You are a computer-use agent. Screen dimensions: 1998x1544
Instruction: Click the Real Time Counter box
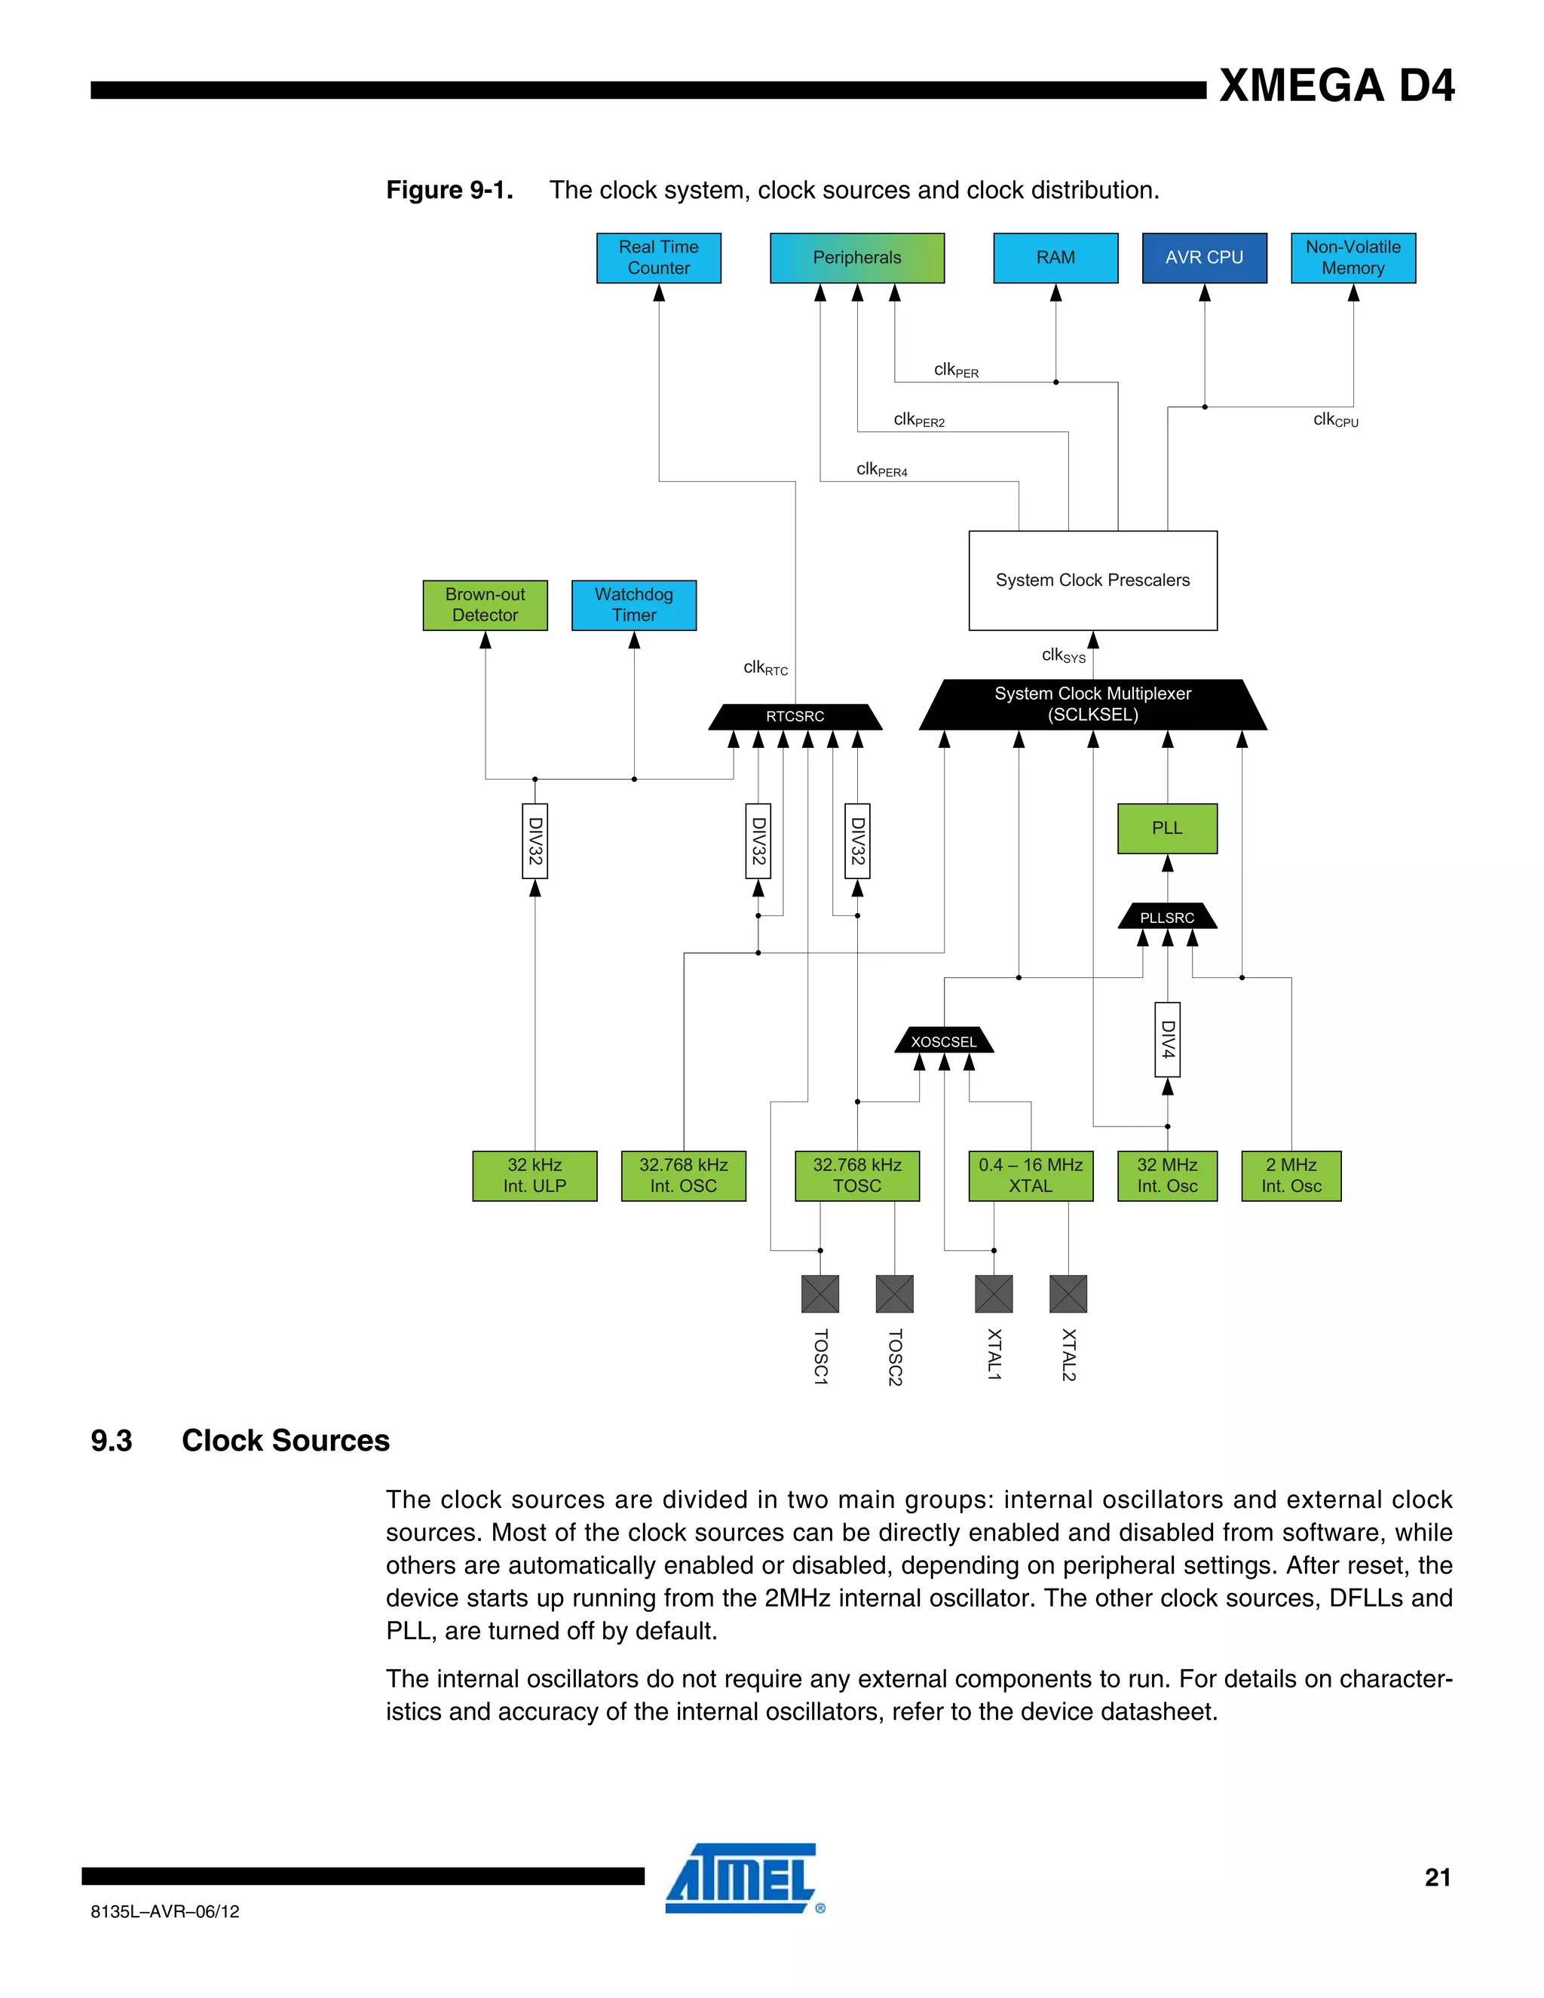coord(659,258)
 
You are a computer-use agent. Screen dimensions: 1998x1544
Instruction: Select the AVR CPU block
coord(1204,258)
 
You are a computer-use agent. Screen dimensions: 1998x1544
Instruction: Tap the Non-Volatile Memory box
coord(1353,258)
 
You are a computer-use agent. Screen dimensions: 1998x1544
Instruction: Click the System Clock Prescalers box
coord(1092,580)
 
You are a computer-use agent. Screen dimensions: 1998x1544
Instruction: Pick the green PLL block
coord(1167,828)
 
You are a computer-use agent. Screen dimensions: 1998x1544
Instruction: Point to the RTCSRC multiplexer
coord(795,716)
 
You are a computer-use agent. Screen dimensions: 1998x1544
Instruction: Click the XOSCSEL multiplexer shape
coord(944,1041)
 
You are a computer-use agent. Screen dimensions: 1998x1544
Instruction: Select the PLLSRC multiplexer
coord(1167,917)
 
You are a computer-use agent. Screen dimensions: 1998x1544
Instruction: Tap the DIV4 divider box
coord(1167,1039)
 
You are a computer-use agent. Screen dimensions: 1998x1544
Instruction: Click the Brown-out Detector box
coord(485,605)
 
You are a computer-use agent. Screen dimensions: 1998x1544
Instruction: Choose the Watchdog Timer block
coord(634,605)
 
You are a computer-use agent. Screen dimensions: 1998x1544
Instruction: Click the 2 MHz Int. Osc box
coord(1291,1175)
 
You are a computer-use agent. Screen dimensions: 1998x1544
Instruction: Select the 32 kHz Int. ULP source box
coord(535,1175)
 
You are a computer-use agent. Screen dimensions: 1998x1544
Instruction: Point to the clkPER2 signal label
coord(918,420)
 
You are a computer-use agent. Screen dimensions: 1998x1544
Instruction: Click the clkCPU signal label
coord(1334,420)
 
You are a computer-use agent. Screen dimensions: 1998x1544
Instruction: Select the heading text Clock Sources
coord(286,1441)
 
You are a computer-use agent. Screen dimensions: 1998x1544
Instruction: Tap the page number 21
coord(1437,1877)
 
